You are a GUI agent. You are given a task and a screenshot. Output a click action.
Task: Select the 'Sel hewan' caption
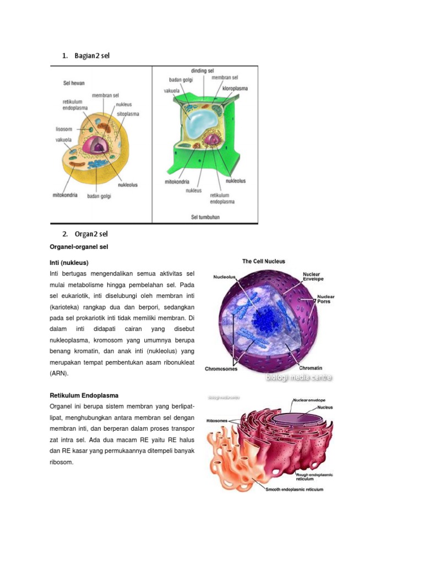pyautogui.click(x=73, y=83)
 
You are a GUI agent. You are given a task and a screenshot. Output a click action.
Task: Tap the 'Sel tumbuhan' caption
pyautogui.click(x=205, y=217)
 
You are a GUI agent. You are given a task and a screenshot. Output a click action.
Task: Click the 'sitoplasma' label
pyautogui.click(x=128, y=114)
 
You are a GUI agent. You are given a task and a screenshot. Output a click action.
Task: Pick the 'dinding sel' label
pyautogui.click(x=203, y=71)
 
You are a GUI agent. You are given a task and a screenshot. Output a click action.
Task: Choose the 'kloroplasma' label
pyautogui.click(x=235, y=88)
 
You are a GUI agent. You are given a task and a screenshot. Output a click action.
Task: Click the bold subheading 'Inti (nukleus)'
pyautogui.click(x=69, y=262)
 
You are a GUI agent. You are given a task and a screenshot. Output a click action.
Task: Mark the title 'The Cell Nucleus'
pyautogui.click(x=264, y=262)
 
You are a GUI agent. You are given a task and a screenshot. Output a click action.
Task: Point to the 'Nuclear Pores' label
pyautogui.click(x=326, y=300)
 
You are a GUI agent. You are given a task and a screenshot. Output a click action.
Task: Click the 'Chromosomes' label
pyautogui.click(x=221, y=368)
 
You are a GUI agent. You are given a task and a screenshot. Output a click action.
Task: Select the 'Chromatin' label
pyautogui.click(x=311, y=367)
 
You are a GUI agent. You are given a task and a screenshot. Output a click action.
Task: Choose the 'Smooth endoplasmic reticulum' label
pyautogui.click(x=294, y=489)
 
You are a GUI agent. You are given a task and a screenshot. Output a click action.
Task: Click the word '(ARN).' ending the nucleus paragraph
pyautogui.click(x=59, y=373)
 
